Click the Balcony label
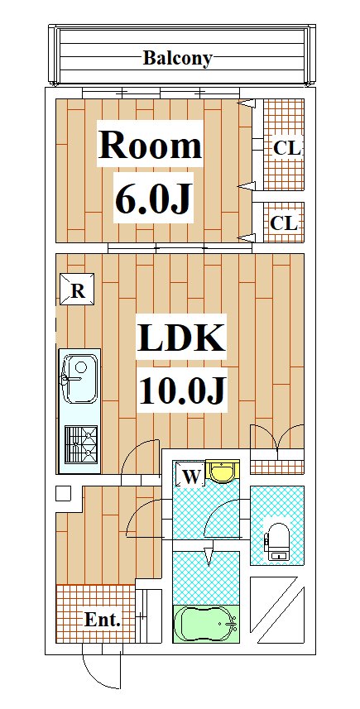click(177, 59)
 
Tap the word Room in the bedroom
click(150, 145)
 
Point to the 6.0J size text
click(152, 199)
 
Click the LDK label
click(181, 338)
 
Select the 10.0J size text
click(182, 390)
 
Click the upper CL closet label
click(286, 148)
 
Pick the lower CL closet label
click(284, 223)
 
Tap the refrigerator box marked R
click(77, 289)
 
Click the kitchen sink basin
click(79, 378)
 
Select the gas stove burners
click(81, 444)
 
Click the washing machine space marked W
click(190, 474)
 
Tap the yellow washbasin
click(223, 472)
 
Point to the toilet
click(276, 541)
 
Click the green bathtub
click(206, 624)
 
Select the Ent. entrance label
click(103, 620)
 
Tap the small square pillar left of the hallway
click(63, 493)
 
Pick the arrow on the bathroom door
click(209, 556)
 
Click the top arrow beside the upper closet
click(247, 104)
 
